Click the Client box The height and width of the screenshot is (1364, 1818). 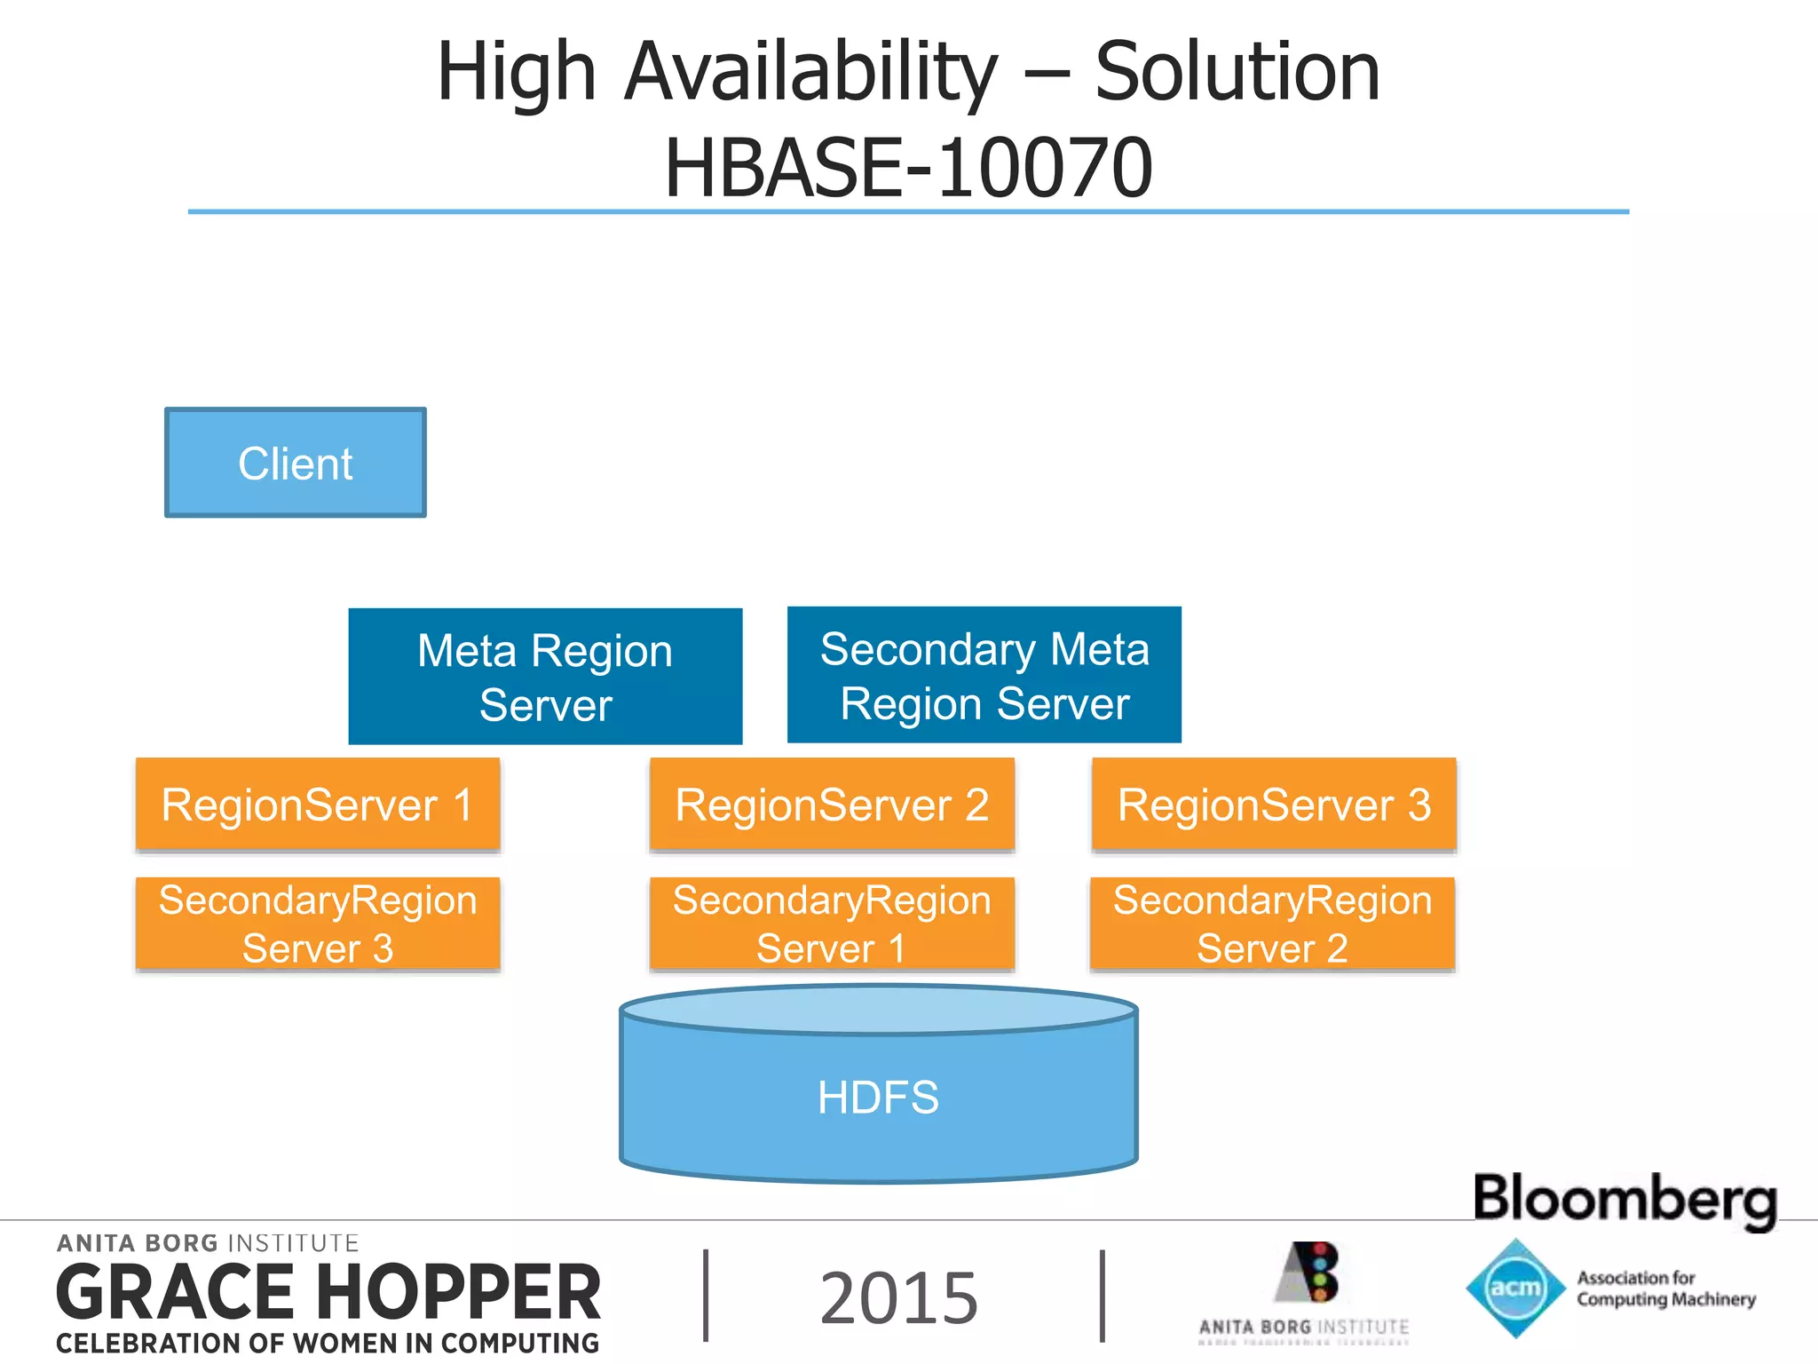pos(296,463)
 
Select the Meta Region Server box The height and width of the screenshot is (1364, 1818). pos(545,677)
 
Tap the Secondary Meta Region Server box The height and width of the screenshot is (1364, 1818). pos(984,675)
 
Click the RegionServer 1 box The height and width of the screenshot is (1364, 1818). pos(318,805)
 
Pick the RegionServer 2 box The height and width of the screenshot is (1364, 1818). pos(832,805)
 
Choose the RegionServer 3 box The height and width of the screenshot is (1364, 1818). pos(1274,805)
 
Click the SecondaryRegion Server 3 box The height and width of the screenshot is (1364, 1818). pos(318,924)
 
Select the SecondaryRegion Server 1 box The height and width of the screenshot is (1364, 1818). pos(832,924)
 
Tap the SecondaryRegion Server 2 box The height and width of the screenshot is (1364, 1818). pos(1272,924)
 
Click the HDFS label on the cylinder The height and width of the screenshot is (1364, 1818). pos(878,1098)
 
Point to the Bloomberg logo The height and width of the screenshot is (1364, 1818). pos(1624,1199)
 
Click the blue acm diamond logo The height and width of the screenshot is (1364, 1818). pos(1515,1288)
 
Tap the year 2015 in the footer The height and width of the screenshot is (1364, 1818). pos(898,1298)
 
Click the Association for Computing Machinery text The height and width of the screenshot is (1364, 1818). pos(1665,1289)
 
